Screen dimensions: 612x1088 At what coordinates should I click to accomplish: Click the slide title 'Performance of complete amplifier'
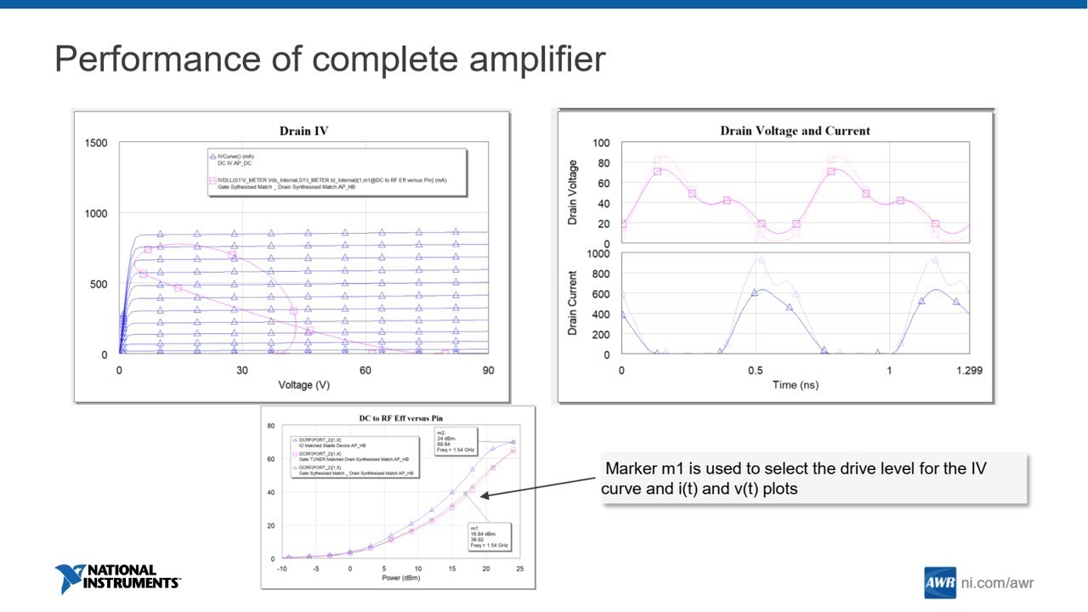pyautogui.click(x=330, y=59)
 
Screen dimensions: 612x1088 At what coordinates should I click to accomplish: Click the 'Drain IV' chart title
pyautogui.click(x=303, y=131)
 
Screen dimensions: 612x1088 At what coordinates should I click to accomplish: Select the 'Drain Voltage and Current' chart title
pyautogui.click(x=795, y=131)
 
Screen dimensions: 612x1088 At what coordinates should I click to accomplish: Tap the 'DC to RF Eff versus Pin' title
pyautogui.click(x=400, y=418)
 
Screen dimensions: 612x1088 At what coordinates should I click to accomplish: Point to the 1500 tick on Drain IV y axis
pyautogui.click(x=96, y=143)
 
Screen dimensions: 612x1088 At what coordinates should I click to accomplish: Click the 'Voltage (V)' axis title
pyautogui.click(x=303, y=385)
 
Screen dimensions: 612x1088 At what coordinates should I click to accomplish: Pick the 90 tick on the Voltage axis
pyautogui.click(x=487, y=371)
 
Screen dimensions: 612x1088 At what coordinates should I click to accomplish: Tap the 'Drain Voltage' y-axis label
pyautogui.click(x=573, y=192)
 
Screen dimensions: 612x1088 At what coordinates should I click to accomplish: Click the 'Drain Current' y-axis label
pyautogui.click(x=573, y=303)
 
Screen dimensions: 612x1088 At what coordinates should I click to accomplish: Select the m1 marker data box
pyautogui.click(x=489, y=537)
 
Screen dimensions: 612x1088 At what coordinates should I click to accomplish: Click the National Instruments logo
pyautogui.click(x=117, y=579)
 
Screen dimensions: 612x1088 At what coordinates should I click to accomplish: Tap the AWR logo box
pyautogui.click(x=939, y=583)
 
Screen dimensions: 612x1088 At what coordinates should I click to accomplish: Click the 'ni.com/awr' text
pyautogui.click(x=997, y=583)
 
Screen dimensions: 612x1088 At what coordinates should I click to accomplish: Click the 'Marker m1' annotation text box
pyautogui.click(x=813, y=479)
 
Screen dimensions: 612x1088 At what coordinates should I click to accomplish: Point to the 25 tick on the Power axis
pyautogui.click(x=519, y=569)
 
